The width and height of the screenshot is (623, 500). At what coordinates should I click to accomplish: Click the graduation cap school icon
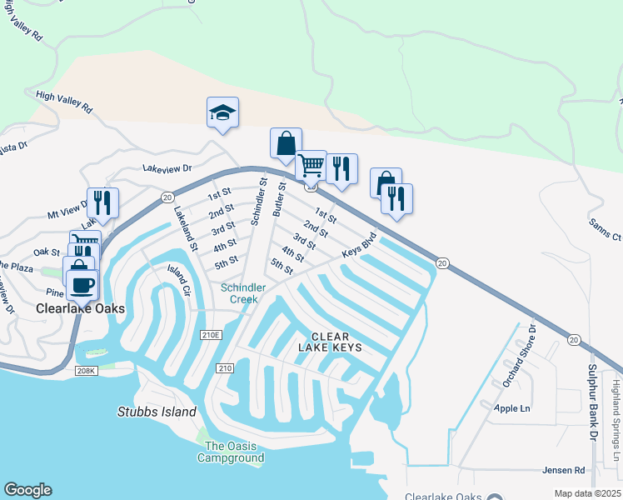[222, 112]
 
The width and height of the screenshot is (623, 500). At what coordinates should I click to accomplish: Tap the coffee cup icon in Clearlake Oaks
[82, 285]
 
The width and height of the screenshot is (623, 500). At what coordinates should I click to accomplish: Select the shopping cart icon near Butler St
[311, 166]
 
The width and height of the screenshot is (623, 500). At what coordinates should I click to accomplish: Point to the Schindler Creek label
[243, 293]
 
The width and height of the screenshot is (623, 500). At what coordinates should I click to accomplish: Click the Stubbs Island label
[157, 412]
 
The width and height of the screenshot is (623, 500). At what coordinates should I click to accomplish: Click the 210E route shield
[212, 335]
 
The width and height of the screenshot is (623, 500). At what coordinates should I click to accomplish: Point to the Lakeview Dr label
[167, 168]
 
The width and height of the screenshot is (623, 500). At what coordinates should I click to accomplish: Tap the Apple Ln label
[511, 409]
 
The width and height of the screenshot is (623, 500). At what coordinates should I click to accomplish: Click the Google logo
[27, 490]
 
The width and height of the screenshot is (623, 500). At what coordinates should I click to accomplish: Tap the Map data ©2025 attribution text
[586, 493]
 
